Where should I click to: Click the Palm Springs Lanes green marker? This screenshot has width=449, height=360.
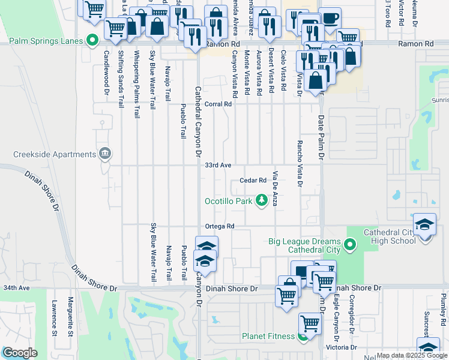pyautogui.click(x=92, y=41)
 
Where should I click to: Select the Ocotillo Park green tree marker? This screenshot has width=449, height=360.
pyautogui.click(x=262, y=200)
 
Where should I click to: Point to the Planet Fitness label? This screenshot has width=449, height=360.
pyautogui.click(x=270, y=336)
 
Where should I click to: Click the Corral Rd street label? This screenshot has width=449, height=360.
pyautogui.click(x=218, y=104)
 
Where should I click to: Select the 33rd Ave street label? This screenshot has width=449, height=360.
pyautogui.click(x=218, y=165)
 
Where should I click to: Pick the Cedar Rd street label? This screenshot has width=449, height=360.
pyautogui.click(x=253, y=180)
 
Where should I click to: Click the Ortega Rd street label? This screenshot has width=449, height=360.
pyautogui.click(x=220, y=226)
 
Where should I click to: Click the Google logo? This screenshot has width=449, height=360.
pyautogui.click(x=20, y=353)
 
